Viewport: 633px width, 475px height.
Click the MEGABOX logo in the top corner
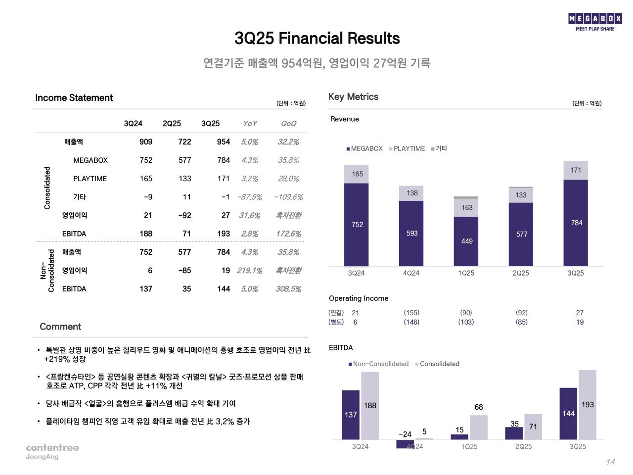595,22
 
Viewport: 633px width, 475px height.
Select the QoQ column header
288,124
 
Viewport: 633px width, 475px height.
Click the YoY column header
250,124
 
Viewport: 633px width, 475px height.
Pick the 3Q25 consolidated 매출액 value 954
224,142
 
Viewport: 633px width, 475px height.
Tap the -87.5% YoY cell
249,197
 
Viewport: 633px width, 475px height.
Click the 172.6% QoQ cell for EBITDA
288,234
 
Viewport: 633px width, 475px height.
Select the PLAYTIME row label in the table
90,179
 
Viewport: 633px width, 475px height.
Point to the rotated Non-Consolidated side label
47,271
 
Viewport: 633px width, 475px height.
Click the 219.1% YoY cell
249,271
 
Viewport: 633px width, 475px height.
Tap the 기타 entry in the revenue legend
440,148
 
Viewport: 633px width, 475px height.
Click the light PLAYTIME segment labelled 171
576,170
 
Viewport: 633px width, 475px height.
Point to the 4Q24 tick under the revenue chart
411,273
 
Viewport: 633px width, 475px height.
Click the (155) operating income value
411,313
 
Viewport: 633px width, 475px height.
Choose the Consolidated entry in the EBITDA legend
439,364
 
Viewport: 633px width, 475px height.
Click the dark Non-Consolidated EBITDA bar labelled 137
351,415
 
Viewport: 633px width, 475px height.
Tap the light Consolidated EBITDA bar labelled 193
588,405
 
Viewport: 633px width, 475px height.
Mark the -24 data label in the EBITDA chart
405,434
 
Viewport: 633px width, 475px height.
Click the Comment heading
60,327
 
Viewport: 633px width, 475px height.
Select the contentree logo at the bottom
52,448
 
